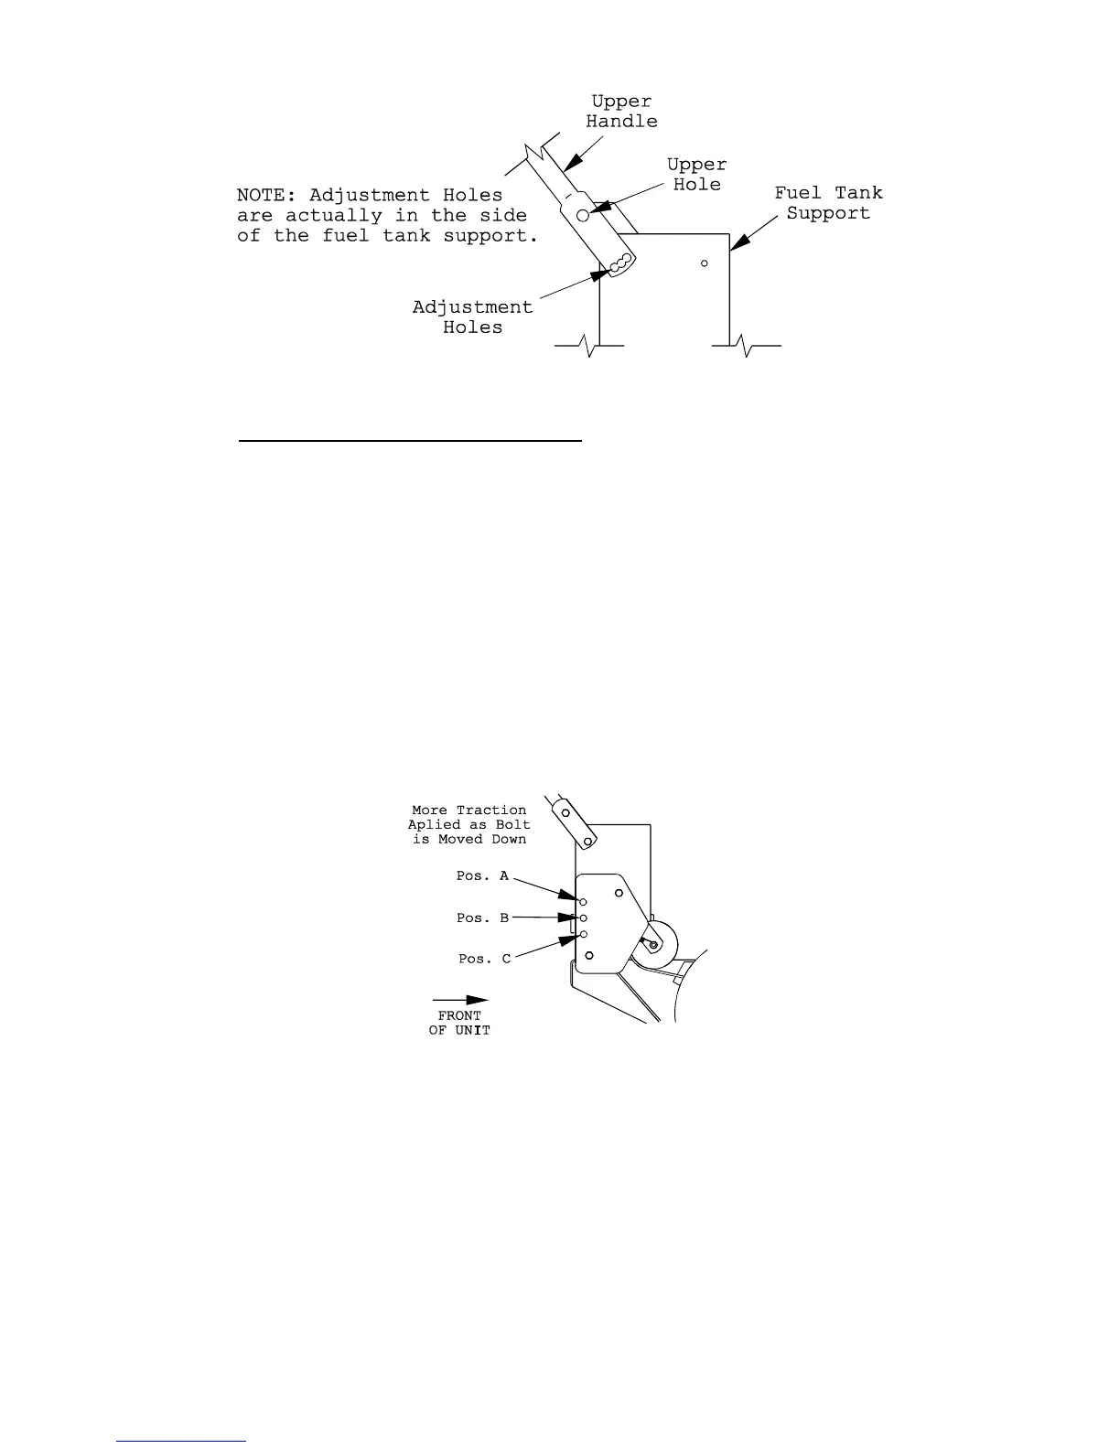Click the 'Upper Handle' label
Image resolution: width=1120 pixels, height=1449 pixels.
(x=621, y=112)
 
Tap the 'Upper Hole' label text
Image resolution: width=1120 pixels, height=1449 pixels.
(x=696, y=175)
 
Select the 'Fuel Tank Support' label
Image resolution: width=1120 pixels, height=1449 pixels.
(x=828, y=203)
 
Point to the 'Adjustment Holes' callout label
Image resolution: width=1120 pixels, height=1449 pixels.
(x=472, y=317)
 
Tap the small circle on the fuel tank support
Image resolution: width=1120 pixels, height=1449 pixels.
(x=704, y=263)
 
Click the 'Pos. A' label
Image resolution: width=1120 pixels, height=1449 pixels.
(x=482, y=876)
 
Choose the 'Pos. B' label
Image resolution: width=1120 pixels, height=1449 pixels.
(x=482, y=918)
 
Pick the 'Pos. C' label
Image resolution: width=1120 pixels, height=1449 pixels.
(x=484, y=960)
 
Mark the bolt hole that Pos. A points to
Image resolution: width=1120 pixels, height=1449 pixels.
(x=583, y=902)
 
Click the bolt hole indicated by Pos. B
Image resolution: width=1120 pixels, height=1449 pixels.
(x=583, y=918)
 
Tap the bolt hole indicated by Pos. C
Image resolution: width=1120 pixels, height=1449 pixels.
(x=583, y=934)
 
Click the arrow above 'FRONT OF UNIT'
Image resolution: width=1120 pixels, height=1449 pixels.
(x=460, y=1000)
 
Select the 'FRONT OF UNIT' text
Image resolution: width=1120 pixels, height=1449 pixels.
(x=459, y=1023)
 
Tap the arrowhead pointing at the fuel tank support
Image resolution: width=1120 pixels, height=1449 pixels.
(x=738, y=243)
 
